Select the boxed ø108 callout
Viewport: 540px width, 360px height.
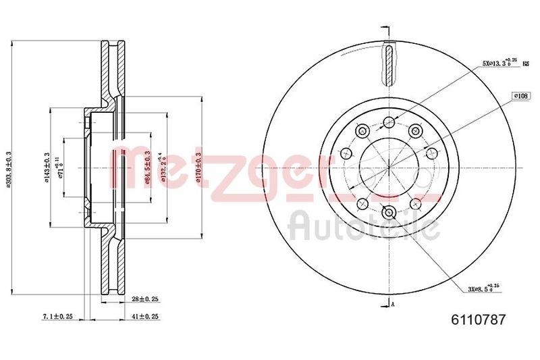pos(521,97)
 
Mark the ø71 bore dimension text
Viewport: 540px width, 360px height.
pos(60,167)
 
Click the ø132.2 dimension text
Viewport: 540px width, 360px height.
pos(159,167)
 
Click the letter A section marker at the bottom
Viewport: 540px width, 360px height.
pos(392,305)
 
